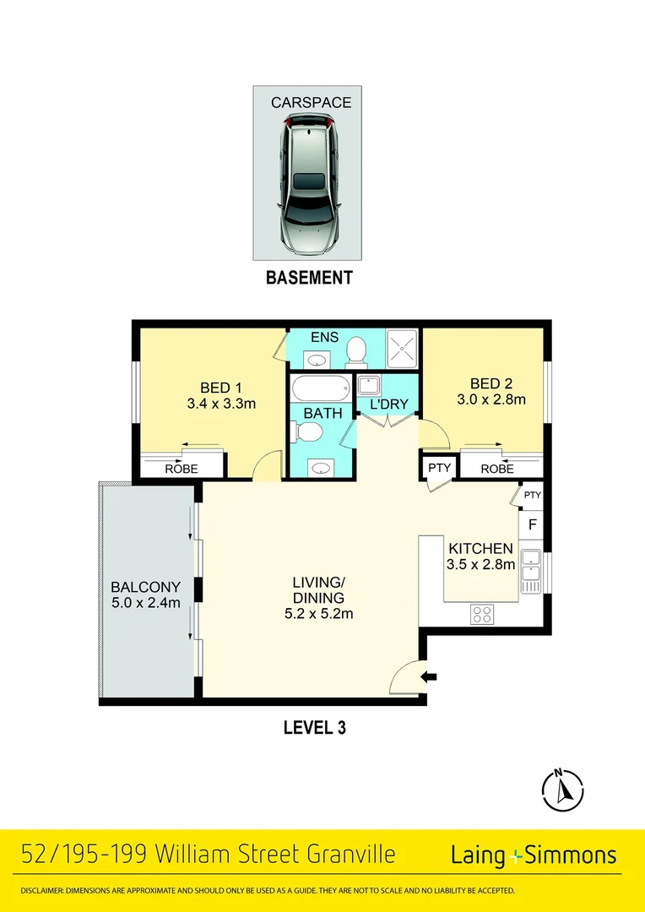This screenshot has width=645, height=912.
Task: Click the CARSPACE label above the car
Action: point(311,103)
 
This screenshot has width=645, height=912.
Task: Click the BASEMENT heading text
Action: point(309,278)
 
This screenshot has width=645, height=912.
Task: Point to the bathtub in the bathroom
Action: point(321,389)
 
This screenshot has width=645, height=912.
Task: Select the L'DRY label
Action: point(389,404)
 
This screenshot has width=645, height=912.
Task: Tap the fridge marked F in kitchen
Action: point(532,524)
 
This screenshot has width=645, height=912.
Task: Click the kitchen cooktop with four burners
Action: point(482,615)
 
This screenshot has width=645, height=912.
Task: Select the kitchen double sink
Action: point(531,566)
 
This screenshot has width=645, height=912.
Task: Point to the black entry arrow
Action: point(430,676)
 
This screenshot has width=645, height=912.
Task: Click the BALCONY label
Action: point(146,588)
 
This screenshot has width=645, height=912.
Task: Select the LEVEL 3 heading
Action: point(314,727)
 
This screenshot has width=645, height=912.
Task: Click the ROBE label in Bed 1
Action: point(181,468)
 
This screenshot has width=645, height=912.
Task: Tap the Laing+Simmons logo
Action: point(534,855)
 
